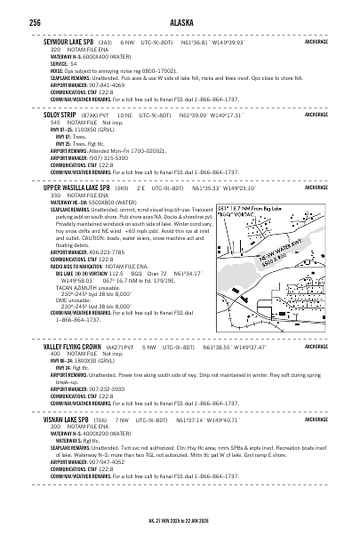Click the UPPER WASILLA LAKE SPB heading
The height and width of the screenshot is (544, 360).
click(x=77, y=188)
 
